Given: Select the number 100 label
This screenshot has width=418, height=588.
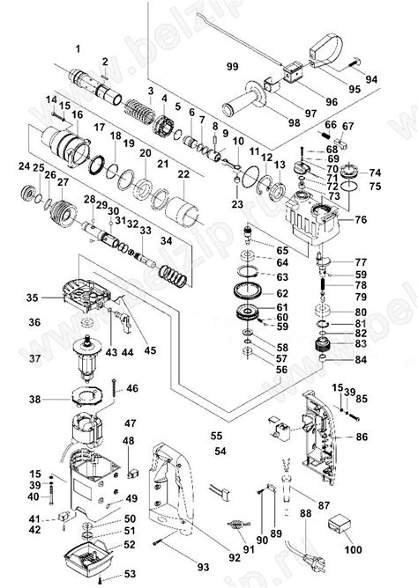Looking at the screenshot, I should pyautogui.click(x=353, y=550).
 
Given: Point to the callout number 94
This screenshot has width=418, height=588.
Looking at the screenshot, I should pyautogui.click(x=371, y=79).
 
